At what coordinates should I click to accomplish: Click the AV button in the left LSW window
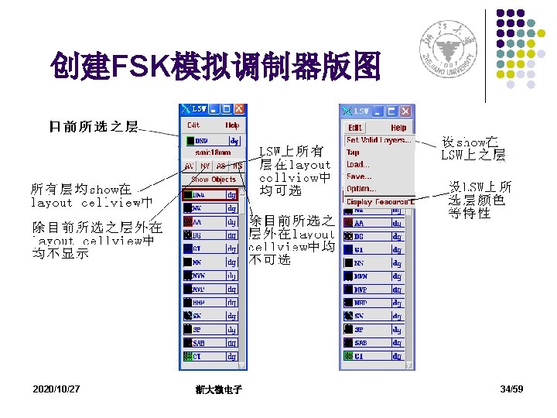(x=190, y=166)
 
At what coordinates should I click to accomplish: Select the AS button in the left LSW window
(x=221, y=166)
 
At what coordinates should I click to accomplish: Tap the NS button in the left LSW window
(x=237, y=166)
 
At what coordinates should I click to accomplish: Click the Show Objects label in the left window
(x=214, y=180)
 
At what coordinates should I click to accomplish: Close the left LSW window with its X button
(x=239, y=110)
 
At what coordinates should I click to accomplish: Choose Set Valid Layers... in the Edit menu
(x=378, y=140)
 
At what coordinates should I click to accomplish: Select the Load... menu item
(x=357, y=164)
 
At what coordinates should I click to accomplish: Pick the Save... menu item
(x=358, y=176)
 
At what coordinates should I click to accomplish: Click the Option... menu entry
(x=361, y=188)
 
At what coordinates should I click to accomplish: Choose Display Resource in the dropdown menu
(x=380, y=202)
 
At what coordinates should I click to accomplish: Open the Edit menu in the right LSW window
(x=354, y=128)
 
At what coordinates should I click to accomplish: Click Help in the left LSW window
(x=232, y=125)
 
